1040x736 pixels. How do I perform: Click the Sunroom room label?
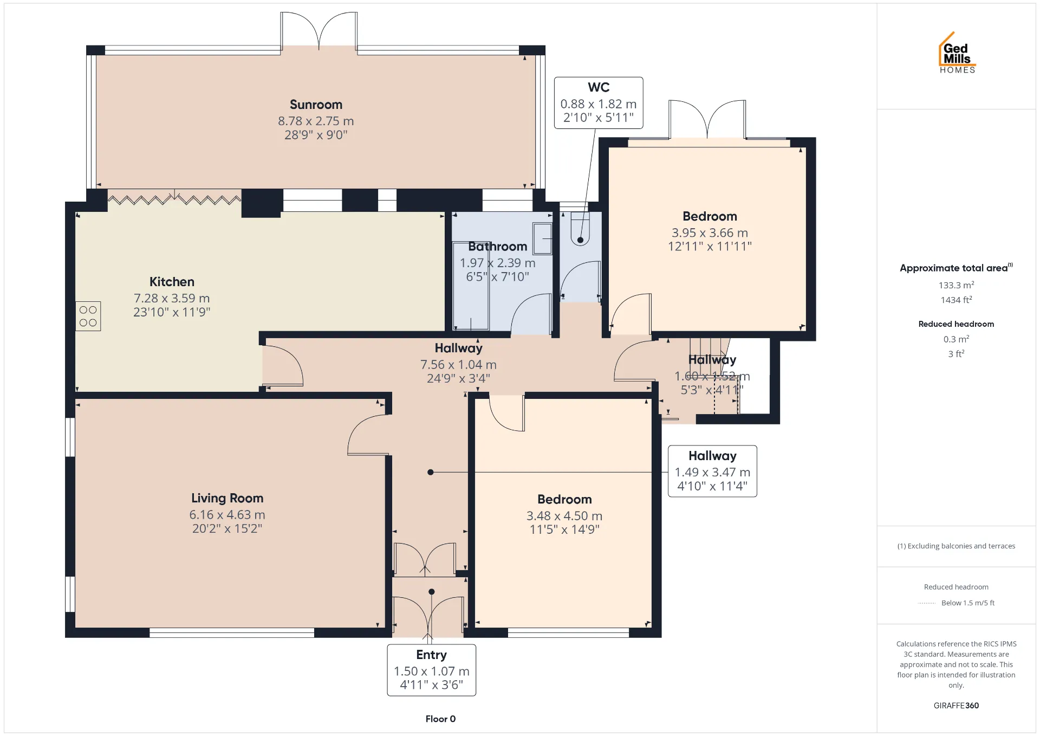coord(316,105)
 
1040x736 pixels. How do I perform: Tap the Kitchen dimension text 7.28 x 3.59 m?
coord(172,298)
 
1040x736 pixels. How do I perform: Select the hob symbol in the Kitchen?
coord(88,316)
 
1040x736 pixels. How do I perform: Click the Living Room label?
coord(227,498)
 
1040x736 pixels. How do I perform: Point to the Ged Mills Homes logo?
coord(957,53)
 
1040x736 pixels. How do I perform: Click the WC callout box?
coord(599,103)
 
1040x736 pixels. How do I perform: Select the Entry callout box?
coord(432,670)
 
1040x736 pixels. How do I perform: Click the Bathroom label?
coord(498,247)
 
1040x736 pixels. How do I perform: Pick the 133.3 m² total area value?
coord(957,285)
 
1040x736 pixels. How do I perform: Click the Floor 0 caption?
coord(440,719)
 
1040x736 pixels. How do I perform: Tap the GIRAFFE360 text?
coord(956,706)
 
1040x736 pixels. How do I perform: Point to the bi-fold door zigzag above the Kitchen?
coord(174,199)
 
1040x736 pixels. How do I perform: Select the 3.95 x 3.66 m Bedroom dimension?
coord(710,233)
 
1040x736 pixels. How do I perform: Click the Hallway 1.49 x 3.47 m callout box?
coord(712,471)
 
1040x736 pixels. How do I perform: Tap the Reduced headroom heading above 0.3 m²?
coord(956,324)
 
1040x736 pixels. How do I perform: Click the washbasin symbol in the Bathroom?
coord(543,238)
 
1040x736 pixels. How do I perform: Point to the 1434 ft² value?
coord(957,300)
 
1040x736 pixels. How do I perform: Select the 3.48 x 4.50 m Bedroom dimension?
coord(564,516)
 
